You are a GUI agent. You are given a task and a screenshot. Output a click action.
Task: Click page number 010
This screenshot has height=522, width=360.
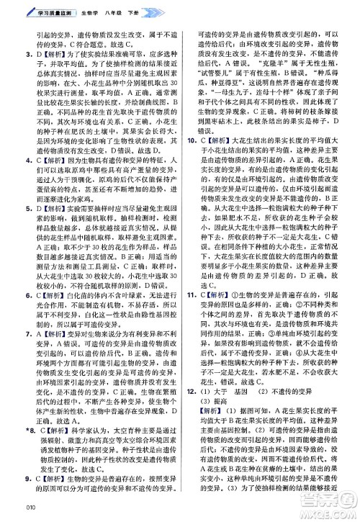pos(10,513)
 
